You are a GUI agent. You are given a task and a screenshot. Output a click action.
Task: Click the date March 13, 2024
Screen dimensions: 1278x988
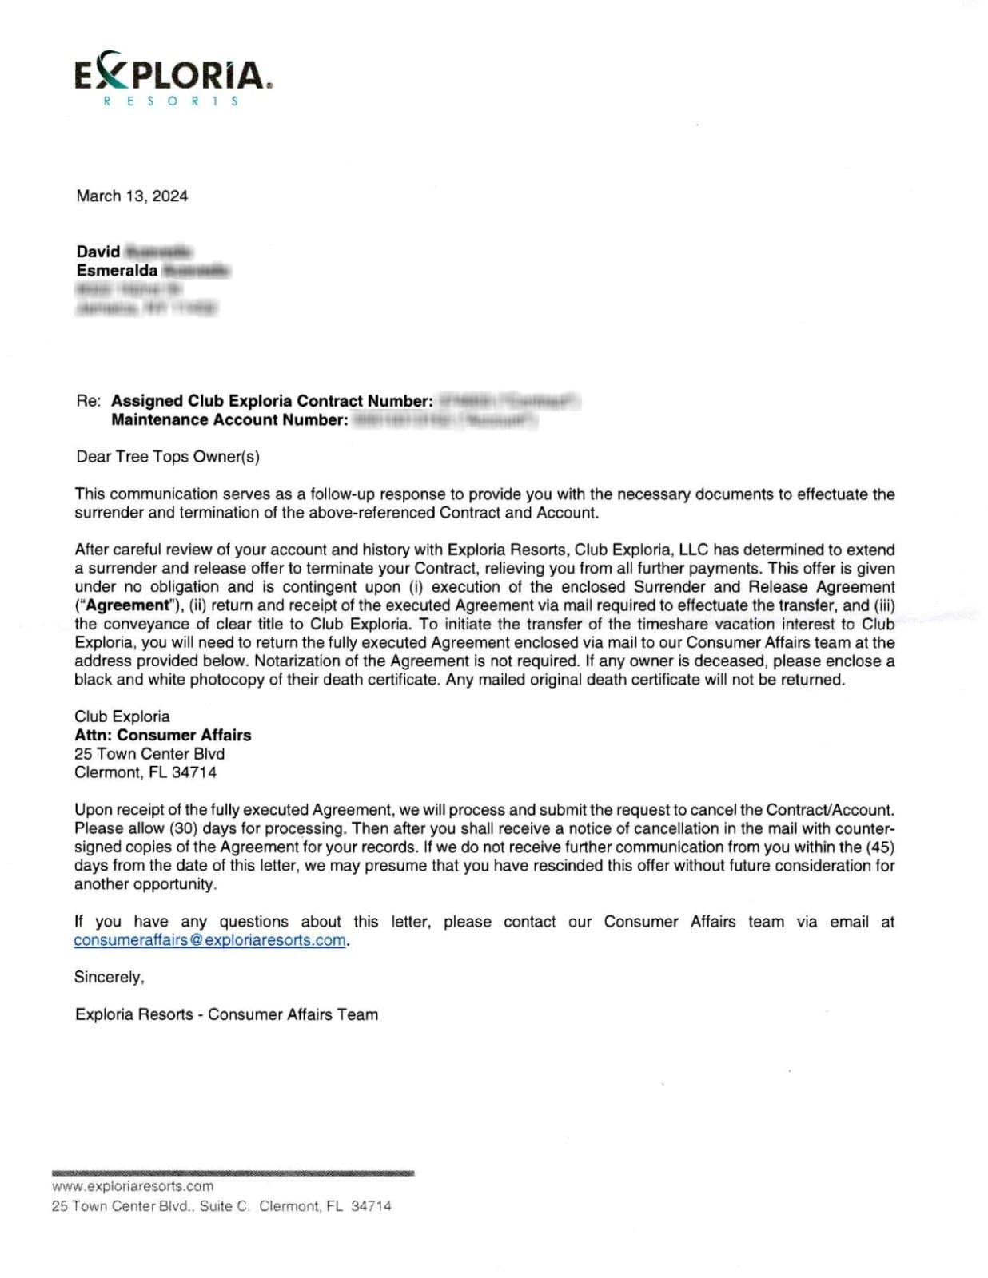(x=132, y=196)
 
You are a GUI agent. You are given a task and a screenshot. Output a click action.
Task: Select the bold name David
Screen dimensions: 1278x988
(x=98, y=252)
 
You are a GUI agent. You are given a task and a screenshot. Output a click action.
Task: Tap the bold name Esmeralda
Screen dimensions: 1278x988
(x=117, y=270)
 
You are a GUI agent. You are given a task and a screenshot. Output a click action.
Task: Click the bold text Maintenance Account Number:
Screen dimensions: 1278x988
(x=229, y=420)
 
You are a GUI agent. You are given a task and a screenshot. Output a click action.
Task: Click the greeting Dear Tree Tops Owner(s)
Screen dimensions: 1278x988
(x=168, y=457)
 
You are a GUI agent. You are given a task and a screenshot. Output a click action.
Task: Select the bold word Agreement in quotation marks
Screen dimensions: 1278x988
(x=128, y=605)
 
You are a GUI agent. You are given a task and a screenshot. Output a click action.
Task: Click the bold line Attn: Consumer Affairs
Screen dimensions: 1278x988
(x=163, y=735)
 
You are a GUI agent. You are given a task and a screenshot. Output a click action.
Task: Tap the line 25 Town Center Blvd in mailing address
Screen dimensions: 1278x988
(x=149, y=753)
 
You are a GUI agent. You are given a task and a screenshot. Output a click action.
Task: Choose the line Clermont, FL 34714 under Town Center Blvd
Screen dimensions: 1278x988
(x=145, y=772)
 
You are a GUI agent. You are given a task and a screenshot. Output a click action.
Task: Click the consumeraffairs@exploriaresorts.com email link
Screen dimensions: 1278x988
(x=209, y=940)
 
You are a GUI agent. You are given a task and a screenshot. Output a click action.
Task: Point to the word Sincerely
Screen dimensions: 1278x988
(x=109, y=977)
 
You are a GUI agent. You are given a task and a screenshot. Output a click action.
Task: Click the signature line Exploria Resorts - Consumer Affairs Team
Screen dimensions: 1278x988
(x=226, y=1014)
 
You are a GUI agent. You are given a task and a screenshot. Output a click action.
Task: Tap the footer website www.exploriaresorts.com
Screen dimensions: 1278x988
(x=133, y=1186)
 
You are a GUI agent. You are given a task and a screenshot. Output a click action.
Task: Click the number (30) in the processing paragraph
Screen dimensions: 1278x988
(x=184, y=828)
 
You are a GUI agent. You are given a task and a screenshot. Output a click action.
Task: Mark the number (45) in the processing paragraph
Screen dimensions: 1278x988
(x=879, y=847)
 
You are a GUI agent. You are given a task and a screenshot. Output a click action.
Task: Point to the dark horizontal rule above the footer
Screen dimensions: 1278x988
(x=233, y=1173)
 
